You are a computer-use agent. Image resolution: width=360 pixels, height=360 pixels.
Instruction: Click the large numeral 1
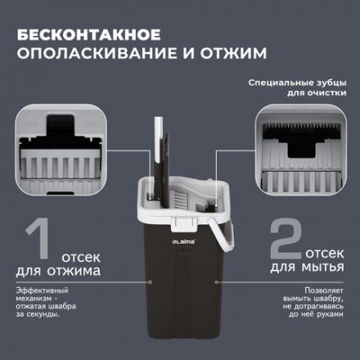point(32,244)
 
